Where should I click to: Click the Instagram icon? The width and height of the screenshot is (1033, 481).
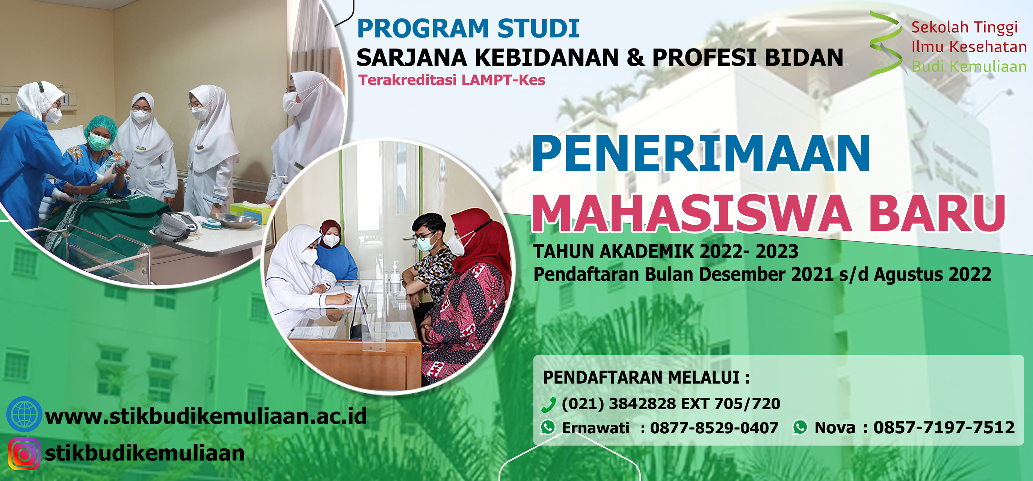coord(24,454)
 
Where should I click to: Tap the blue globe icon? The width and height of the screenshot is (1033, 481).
coord(24,414)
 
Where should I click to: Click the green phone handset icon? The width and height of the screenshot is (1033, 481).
coord(548,405)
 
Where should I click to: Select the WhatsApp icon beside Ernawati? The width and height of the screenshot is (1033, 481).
coord(548,427)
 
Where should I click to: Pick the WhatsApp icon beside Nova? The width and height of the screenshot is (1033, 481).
coord(800,427)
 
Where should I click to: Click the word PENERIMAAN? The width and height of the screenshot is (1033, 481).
coord(701,153)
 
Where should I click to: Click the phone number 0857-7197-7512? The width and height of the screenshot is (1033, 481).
coord(944,428)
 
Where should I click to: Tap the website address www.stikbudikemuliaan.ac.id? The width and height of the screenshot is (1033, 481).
coord(206,416)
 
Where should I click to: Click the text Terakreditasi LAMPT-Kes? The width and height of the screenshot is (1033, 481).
coord(452,80)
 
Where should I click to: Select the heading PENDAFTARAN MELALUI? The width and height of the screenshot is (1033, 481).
coord(646,378)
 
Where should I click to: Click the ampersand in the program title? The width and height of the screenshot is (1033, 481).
coord(636,58)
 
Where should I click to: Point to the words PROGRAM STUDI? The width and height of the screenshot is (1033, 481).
coord(468,29)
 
